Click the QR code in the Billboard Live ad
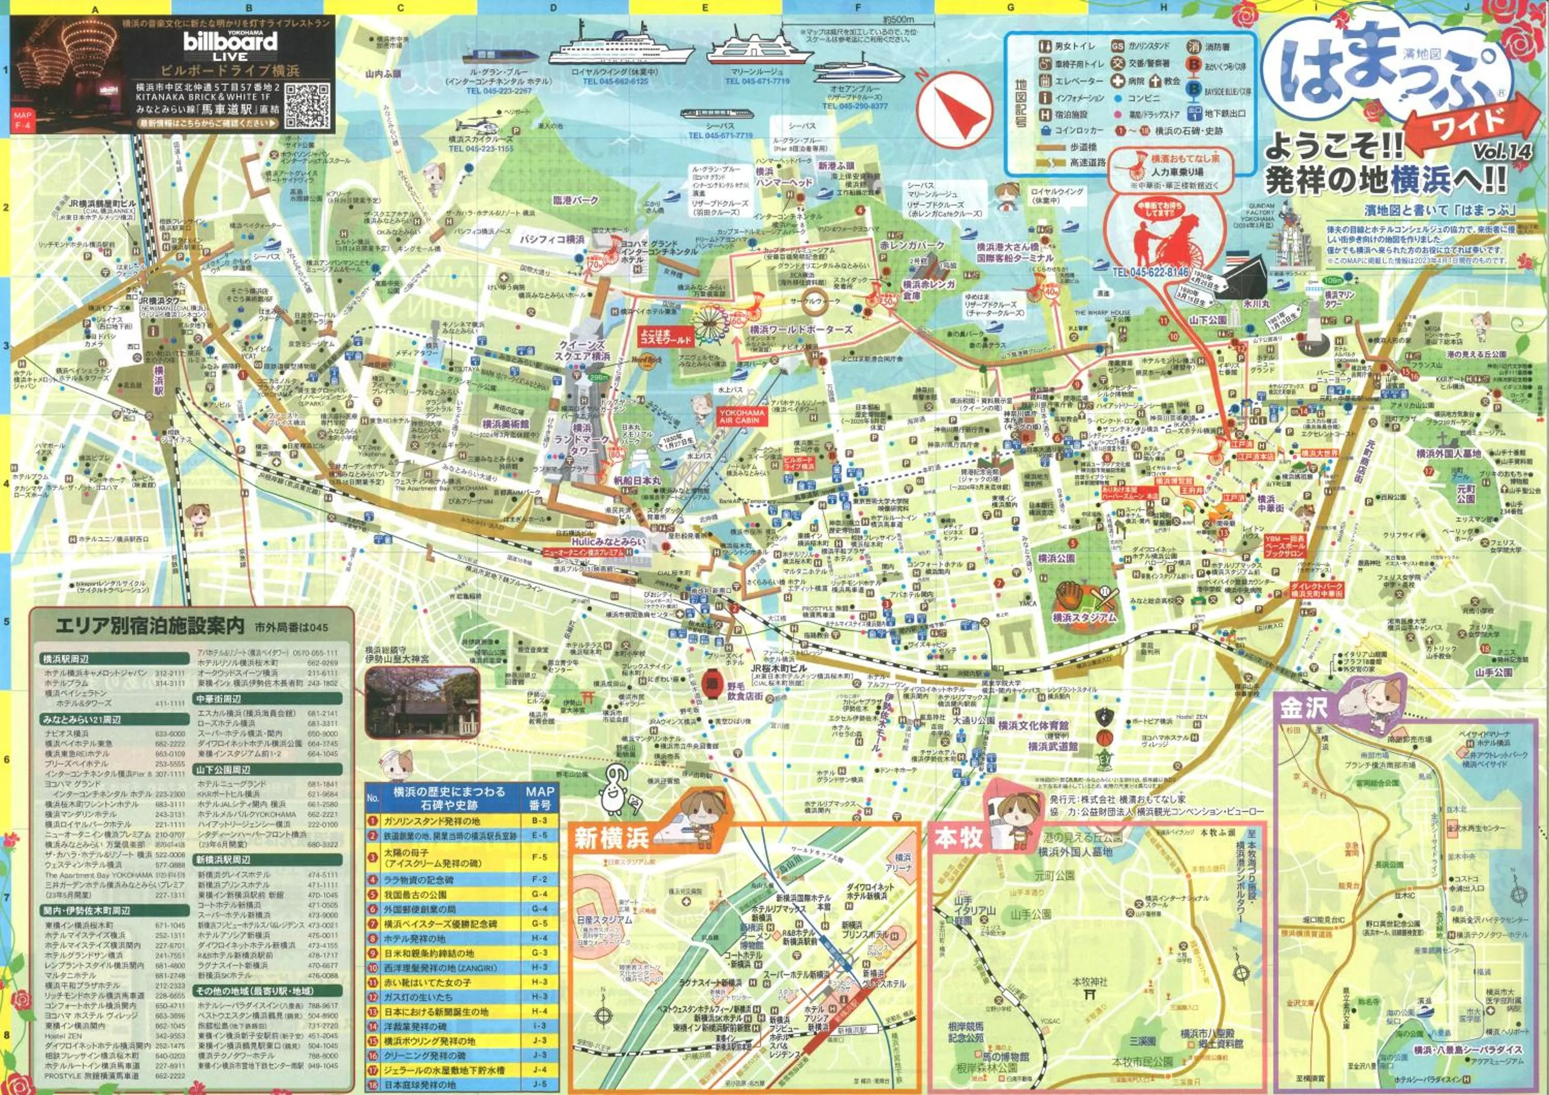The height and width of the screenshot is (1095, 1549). pos(307,106)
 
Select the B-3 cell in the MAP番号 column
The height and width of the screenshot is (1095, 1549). pos(539,821)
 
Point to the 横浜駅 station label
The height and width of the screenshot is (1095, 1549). pos(159,381)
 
